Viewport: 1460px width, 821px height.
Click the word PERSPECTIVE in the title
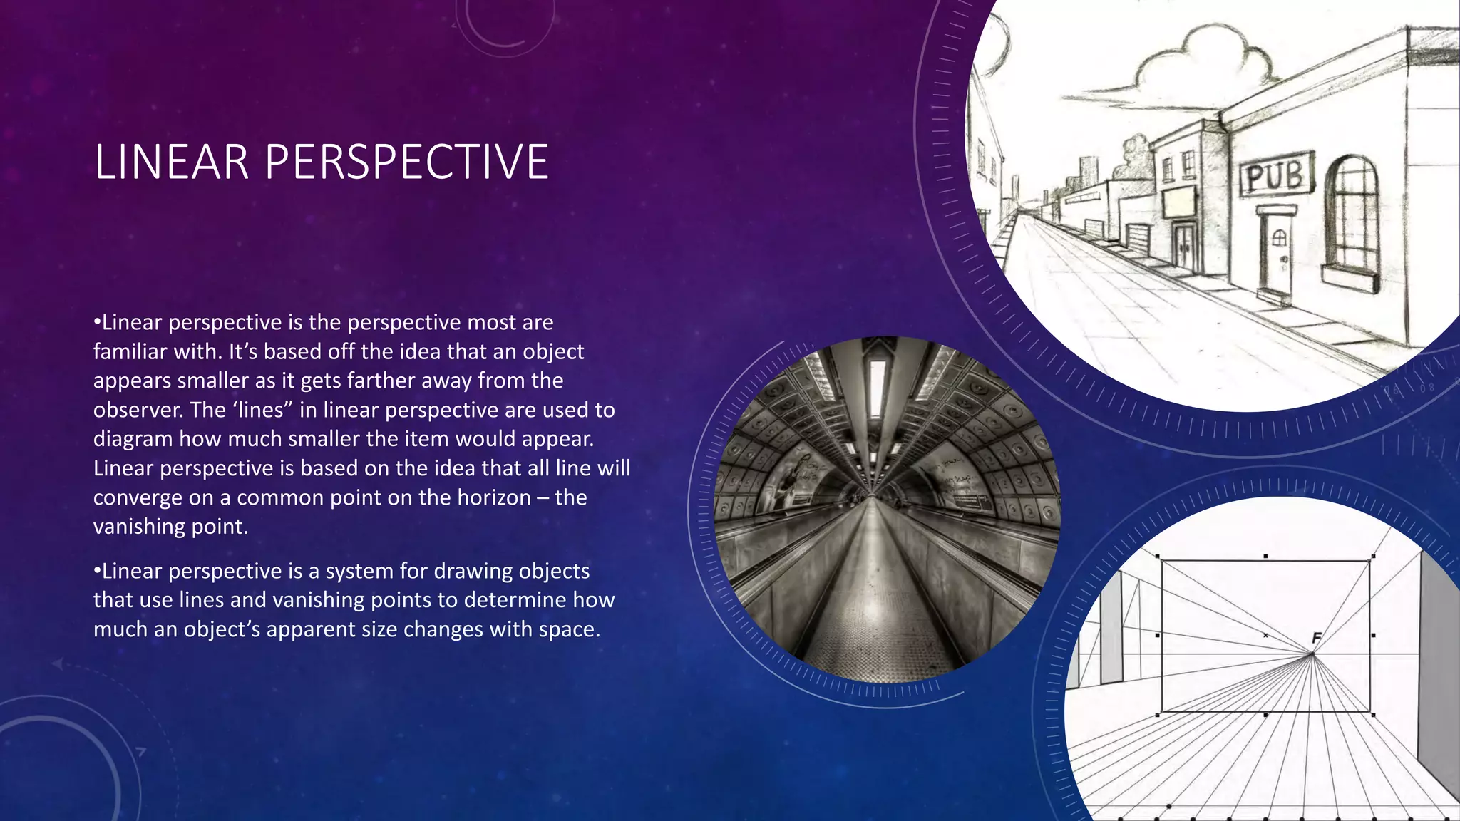(x=406, y=162)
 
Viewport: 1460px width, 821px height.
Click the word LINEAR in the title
(x=172, y=162)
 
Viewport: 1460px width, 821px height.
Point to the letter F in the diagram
(x=1316, y=638)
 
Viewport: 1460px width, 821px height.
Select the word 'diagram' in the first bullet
(x=133, y=439)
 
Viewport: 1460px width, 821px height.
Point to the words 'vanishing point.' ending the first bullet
(x=170, y=527)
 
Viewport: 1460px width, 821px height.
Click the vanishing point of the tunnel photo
(x=871, y=493)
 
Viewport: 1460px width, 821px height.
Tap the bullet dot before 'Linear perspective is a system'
(x=97, y=571)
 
